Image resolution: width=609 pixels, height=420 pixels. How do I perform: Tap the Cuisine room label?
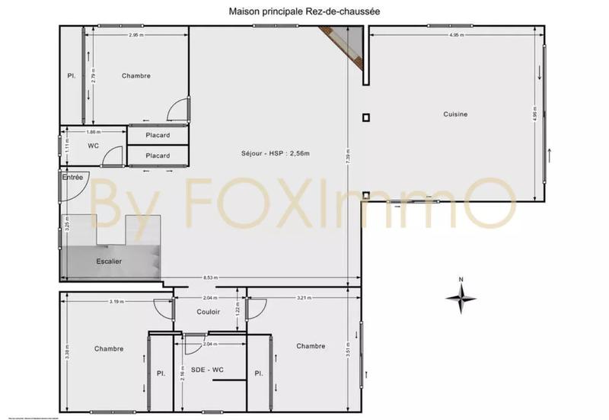[455, 114]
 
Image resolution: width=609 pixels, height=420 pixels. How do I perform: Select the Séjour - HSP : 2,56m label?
[276, 154]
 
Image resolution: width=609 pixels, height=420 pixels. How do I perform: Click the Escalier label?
[109, 261]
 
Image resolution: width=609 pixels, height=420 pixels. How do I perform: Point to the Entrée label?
[72, 178]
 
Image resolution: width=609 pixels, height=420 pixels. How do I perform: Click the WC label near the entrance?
[93, 145]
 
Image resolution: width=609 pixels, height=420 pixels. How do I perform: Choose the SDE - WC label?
[208, 370]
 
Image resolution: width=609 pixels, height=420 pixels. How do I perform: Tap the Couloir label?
[208, 312]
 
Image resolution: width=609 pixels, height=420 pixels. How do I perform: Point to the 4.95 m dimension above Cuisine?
[456, 35]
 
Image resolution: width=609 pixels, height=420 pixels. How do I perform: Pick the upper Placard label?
[158, 136]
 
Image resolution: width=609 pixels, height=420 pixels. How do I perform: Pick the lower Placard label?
[158, 155]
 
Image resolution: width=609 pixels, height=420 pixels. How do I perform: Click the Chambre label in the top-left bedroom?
[136, 75]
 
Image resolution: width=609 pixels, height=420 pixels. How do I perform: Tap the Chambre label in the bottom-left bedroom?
[109, 348]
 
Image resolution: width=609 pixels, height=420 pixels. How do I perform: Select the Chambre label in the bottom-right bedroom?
[311, 346]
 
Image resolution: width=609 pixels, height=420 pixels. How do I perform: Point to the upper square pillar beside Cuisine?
[366, 117]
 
